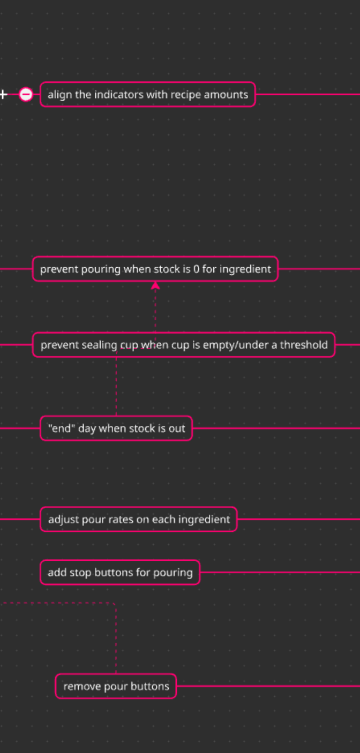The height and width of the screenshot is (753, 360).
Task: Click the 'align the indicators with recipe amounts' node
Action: [147, 94]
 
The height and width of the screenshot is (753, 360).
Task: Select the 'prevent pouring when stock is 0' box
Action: [155, 269]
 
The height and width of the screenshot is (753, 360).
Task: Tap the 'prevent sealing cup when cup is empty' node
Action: [184, 345]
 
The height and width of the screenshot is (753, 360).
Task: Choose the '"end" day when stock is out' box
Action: [116, 428]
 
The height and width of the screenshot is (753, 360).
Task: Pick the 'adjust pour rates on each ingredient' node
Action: [139, 519]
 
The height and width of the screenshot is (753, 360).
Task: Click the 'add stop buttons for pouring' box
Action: [120, 573]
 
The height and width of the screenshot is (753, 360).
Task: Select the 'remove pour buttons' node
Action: [116, 686]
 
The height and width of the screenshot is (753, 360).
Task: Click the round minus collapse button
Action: [26, 94]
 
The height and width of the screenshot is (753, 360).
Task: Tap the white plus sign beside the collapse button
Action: [3, 94]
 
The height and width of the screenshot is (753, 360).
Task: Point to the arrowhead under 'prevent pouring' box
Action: [155, 286]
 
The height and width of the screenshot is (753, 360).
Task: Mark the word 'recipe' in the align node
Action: [185, 95]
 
